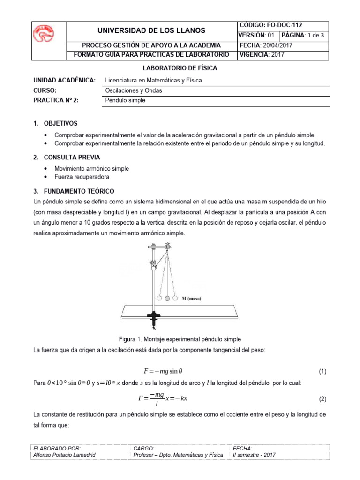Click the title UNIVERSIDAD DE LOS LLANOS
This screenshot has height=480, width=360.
click(x=151, y=30)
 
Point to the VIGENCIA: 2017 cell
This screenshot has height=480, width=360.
click(x=262, y=54)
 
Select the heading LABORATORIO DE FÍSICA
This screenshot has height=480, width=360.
click(x=180, y=68)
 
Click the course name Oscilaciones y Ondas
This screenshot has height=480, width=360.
click(x=134, y=90)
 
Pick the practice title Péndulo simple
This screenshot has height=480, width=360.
click(x=125, y=100)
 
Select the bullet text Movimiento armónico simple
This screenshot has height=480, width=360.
click(x=91, y=168)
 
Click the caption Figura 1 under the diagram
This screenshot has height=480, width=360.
click(x=180, y=339)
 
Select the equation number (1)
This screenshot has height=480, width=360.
click(x=322, y=372)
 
